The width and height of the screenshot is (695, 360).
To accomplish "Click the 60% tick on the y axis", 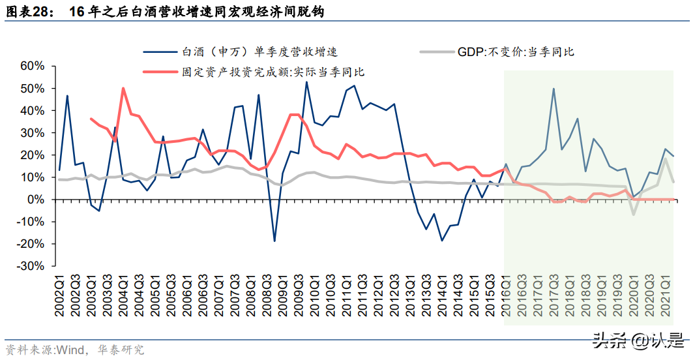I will coord(32,66).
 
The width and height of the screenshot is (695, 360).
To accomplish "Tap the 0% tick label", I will coord(36,200).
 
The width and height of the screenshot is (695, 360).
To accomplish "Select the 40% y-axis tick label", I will coord(32,110).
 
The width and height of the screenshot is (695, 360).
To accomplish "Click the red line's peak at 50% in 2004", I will coord(123,88).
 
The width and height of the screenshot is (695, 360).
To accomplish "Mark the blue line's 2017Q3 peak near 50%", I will coord(554,89).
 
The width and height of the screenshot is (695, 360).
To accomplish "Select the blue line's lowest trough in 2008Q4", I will coord(274,241).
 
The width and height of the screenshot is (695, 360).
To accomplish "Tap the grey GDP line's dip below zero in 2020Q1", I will coord(632,215).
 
